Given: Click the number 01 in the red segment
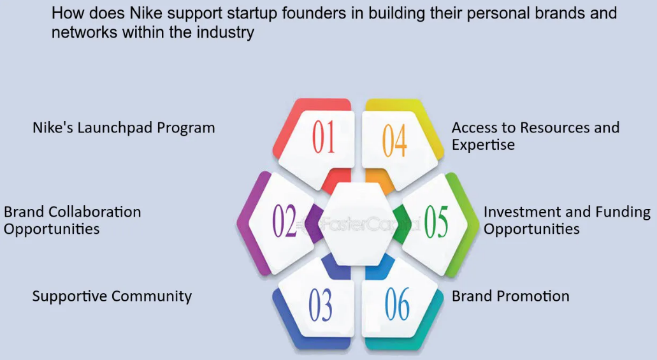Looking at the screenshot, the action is pyautogui.click(x=324, y=136).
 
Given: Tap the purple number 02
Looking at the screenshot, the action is pyautogui.click(x=284, y=221).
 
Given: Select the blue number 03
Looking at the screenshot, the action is pyautogui.click(x=321, y=305).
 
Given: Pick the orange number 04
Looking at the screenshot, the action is pyautogui.click(x=394, y=140).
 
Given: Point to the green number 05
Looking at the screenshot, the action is pyautogui.click(x=436, y=221).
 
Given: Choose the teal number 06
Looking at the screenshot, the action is pyautogui.click(x=397, y=305).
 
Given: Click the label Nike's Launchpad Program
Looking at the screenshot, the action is pyautogui.click(x=124, y=128).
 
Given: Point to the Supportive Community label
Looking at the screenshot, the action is pyautogui.click(x=112, y=296).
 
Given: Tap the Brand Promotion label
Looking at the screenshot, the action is pyautogui.click(x=510, y=296).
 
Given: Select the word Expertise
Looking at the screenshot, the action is pyautogui.click(x=483, y=145).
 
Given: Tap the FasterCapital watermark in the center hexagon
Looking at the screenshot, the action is pyautogui.click(x=357, y=225).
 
